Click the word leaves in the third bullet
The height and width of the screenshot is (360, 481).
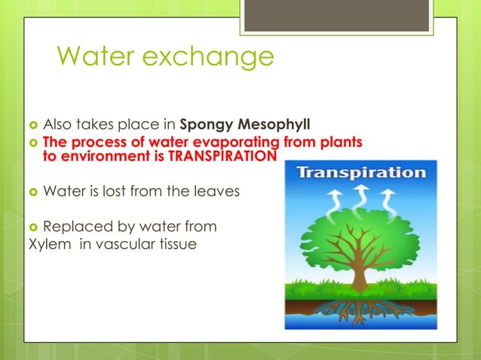(x=217, y=191)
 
